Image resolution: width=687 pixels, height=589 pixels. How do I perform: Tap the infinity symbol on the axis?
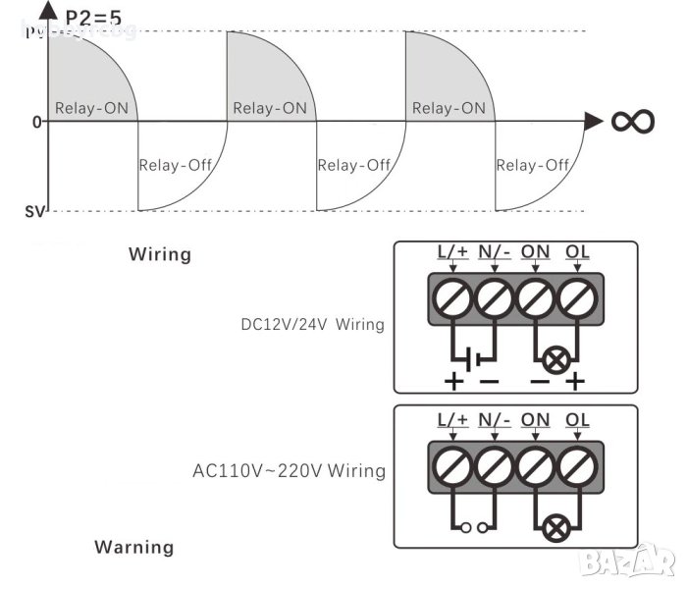pos(633,121)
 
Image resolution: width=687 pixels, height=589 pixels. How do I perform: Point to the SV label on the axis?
pos(31,210)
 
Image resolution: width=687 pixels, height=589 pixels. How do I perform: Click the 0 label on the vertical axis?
pos(36,122)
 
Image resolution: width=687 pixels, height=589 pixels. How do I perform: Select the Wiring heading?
pos(160,254)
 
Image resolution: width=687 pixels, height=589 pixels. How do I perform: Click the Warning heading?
pos(133,547)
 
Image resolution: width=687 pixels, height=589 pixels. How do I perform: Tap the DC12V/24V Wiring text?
pos(312,324)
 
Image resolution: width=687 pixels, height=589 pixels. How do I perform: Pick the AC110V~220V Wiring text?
pos(289,470)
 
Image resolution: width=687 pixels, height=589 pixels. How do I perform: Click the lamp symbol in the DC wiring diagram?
pos(555,359)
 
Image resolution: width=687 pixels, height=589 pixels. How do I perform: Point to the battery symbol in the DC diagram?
pos(473,357)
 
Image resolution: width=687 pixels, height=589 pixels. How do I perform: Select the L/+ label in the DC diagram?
pos(452,250)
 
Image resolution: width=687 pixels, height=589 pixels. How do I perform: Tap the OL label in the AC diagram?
pos(578,420)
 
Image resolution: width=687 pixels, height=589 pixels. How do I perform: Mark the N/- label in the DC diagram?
pos(494,250)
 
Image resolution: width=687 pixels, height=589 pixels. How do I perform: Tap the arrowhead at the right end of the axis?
pos(592,121)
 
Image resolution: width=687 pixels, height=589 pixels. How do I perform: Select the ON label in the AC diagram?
pos(535,420)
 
